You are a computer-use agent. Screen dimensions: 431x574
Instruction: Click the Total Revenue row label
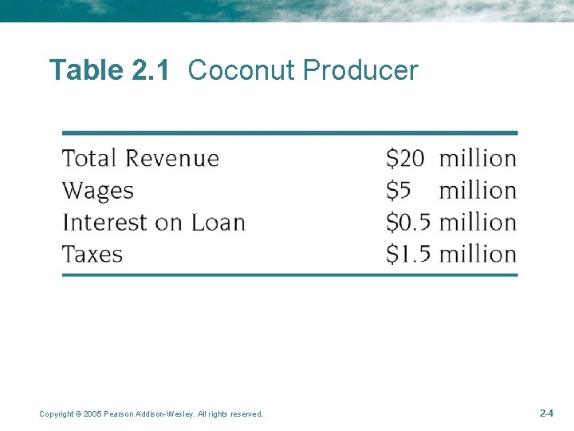(140, 158)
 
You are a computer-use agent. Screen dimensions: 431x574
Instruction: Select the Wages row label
(98, 191)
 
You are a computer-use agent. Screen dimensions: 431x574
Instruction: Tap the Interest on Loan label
(153, 222)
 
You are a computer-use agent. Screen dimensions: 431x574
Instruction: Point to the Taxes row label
(92, 255)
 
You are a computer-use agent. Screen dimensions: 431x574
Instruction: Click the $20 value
(405, 159)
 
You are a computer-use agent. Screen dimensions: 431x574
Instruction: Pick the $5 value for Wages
(398, 191)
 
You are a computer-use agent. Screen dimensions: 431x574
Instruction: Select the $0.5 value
(408, 222)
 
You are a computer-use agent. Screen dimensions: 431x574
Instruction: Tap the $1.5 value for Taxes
(408, 255)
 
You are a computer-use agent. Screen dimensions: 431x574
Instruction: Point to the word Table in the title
(85, 71)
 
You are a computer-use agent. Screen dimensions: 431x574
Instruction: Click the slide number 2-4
(547, 413)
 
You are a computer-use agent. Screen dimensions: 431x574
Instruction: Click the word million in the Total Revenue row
(478, 159)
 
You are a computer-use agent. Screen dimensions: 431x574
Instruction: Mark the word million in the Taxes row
(478, 255)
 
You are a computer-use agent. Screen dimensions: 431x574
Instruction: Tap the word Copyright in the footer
(56, 414)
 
